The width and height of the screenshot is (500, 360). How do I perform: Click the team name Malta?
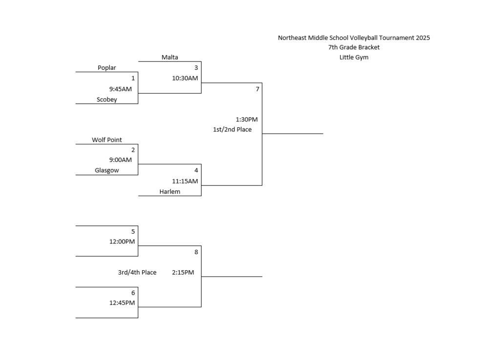pos(170,57)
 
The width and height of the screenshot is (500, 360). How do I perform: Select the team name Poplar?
pos(107,68)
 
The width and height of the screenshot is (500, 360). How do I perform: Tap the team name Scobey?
pos(107,100)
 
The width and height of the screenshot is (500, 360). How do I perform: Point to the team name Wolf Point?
pos(107,140)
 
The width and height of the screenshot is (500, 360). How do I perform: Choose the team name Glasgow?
pos(107,170)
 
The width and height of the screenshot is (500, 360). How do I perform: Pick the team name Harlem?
pos(170,192)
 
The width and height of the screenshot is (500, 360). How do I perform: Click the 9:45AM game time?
pos(121,89)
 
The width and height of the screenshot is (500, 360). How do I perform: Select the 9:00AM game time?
pos(121,160)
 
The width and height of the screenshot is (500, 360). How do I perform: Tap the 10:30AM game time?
pos(185,78)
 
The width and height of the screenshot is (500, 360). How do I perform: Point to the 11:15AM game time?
pos(185,181)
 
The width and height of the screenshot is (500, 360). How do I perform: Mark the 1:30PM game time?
pos(247,120)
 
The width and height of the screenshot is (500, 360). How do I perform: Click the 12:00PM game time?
pos(122,241)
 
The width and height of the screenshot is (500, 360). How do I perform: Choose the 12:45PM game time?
pos(122,303)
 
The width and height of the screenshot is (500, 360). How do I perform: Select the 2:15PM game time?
pos(183,272)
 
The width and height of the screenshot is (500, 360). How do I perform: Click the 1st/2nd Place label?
pos(232,130)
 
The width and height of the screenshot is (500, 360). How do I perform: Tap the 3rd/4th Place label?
pos(137,272)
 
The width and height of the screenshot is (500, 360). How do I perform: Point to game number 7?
pos(257,89)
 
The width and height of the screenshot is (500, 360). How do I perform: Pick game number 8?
pos(196,252)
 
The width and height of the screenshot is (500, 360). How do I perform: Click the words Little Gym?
pos(354,58)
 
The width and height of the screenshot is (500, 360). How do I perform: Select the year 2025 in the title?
pos(423,38)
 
